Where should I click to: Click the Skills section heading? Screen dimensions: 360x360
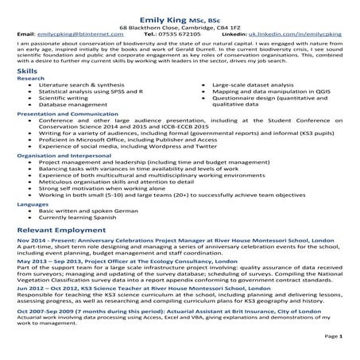click(x=26, y=72)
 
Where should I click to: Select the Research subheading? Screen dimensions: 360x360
click(x=29, y=80)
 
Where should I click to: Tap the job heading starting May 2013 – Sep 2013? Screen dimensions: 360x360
click(x=126, y=282)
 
